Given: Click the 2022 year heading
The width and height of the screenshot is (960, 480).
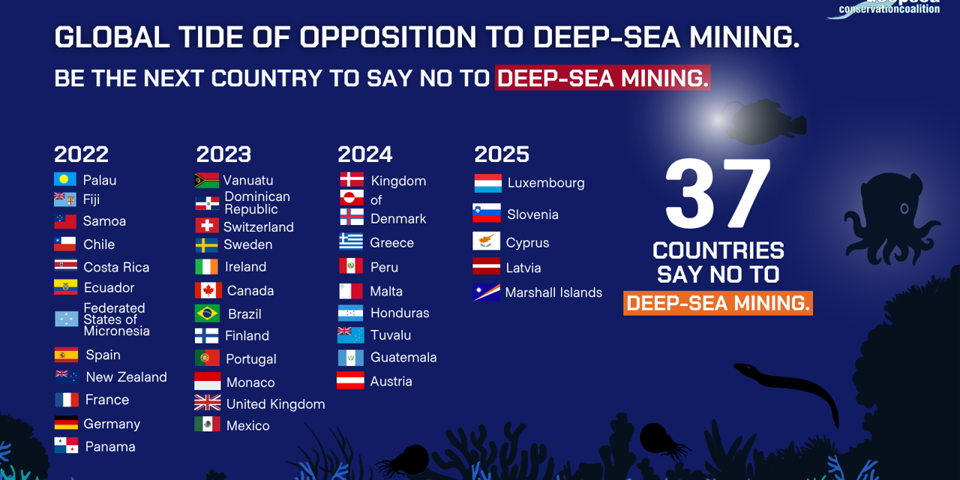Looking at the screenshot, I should coord(81,154).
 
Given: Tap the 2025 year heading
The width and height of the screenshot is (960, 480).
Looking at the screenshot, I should coord(502,154).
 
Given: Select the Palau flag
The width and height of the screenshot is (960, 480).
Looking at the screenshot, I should coord(65,179).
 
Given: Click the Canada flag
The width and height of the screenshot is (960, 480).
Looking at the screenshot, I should coord(208,290).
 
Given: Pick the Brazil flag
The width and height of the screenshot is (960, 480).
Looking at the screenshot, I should coord(207,313).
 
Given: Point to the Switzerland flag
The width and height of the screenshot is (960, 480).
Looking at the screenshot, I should coord(207,226).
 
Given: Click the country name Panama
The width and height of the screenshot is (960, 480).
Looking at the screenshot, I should coord(109,446).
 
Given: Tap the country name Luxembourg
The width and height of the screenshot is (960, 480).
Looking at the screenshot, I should coord(545,183).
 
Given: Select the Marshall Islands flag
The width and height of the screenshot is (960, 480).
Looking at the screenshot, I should coord(487,292).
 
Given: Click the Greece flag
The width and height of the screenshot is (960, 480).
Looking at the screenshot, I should coord(350,241).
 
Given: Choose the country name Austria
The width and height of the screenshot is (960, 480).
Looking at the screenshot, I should coord(391,381).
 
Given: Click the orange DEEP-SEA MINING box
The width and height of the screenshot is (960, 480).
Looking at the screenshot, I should coord(718,303).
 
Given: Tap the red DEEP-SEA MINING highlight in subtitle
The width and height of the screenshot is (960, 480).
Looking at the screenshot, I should coord(602,78).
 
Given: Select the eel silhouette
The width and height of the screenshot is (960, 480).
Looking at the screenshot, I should coord(787,386).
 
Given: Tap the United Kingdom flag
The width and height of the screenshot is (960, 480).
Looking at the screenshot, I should coord(208,403).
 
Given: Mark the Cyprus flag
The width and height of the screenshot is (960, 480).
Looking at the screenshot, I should coord(486,241).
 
